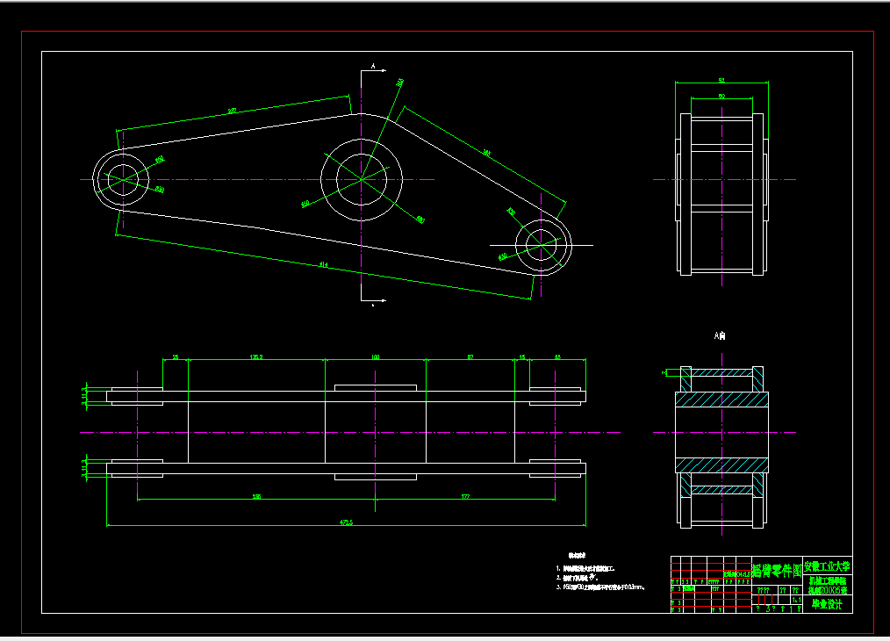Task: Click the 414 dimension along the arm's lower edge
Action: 324,264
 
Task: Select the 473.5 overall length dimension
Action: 346,522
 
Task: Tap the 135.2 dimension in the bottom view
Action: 257,357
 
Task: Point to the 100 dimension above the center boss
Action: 375,357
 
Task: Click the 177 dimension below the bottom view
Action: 465,497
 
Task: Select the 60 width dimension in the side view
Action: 721,96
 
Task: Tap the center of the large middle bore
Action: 362,179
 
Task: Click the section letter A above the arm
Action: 373,66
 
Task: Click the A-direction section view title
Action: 720,335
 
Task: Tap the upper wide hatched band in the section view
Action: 721,400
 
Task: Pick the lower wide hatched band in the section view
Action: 721,465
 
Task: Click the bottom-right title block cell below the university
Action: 827,603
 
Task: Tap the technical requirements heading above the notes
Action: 577,555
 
